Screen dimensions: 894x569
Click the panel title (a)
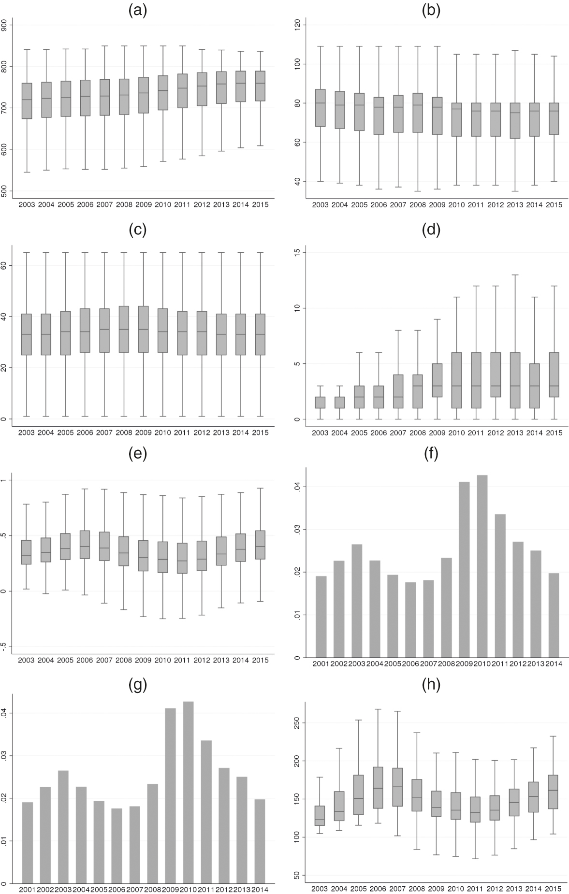coord(137,10)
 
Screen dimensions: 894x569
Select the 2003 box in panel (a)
coord(27,101)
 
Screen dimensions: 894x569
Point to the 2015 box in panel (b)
coord(554,118)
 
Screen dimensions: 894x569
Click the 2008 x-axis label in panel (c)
coord(124,433)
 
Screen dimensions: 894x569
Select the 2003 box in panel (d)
coord(320,403)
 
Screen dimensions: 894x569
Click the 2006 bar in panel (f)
coord(410,620)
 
